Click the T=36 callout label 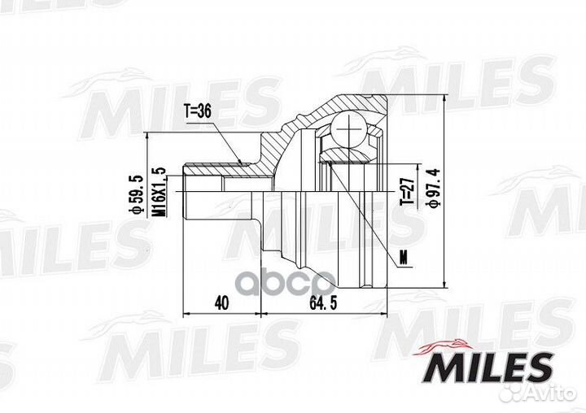(x=197, y=111)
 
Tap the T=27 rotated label (x=407, y=191)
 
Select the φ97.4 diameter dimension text (x=434, y=188)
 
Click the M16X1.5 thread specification (x=160, y=192)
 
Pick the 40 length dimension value (x=221, y=303)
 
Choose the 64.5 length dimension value (x=324, y=303)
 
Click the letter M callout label (x=403, y=259)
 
